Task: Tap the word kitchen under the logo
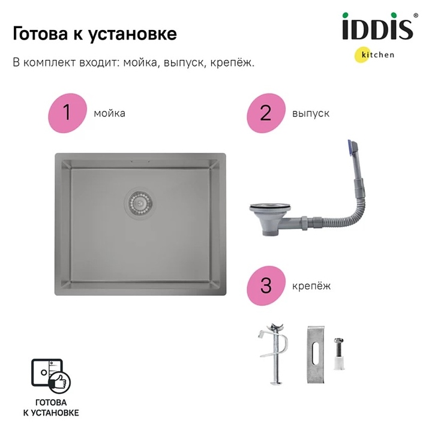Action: click(x=378, y=55)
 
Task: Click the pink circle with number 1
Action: click(x=67, y=113)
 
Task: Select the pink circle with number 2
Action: click(x=266, y=113)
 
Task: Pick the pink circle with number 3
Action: click(x=266, y=285)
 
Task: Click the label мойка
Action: click(x=109, y=113)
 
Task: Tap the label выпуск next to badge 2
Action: click(x=311, y=113)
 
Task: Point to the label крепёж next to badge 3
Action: click(x=311, y=286)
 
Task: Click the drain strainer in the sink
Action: click(x=140, y=203)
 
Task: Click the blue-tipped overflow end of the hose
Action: click(x=353, y=148)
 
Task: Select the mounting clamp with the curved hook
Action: click(x=274, y=354)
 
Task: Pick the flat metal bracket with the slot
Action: click(x=316, y=354)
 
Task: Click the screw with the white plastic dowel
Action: click(x=339, y=354)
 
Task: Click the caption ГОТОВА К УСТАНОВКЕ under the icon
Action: click(x=51, y=408)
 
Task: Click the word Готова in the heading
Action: click(x=40, y=34)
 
